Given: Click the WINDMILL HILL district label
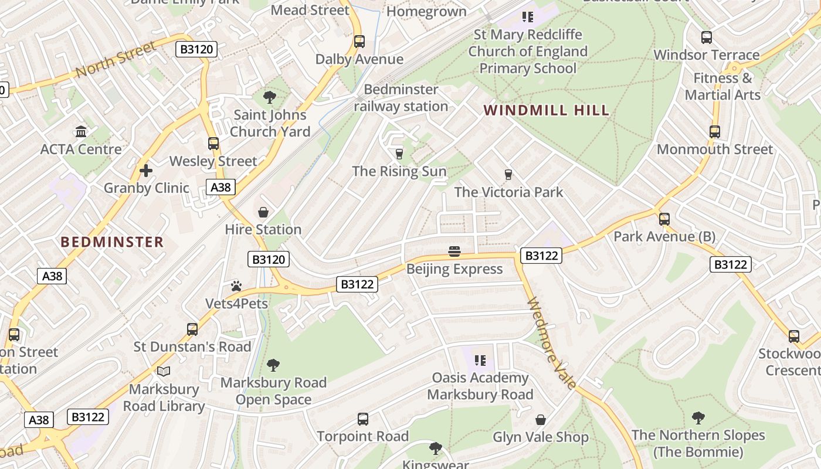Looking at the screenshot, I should [547, 110].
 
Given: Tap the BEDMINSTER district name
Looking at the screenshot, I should [112, 242].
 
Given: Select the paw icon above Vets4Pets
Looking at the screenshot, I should [236, 286].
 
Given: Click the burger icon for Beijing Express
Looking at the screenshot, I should [454, 252].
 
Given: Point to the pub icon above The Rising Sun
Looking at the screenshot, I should [399, 154].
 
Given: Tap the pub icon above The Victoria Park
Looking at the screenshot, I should [508, 175].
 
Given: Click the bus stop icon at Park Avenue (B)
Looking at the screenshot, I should [664, 219].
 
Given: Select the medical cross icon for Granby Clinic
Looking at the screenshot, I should [146, 171].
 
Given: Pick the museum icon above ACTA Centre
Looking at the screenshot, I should [81, 131].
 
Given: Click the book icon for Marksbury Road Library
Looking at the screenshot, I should [164, 371].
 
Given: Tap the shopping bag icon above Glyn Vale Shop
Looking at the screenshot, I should [541, 420].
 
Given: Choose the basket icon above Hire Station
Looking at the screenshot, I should [263, 212].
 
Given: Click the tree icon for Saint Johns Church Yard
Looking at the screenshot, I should [270, 97].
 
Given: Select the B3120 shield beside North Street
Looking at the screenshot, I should [196, 49].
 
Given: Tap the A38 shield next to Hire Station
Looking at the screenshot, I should [221, 187].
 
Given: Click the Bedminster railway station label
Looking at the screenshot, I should [401, 98].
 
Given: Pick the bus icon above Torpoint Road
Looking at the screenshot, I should [363, 419].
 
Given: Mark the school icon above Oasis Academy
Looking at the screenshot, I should [480, 360].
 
